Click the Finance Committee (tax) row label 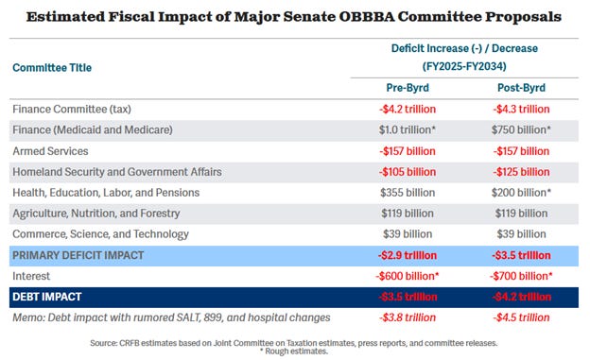[x=73, y=109]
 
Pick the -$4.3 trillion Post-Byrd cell [x=517, y=109]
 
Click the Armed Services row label [x=51, y=150]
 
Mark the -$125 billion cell [x=517, y=171]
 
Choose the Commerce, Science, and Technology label [x=100, y=233]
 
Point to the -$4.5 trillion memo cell [x=517, y=317]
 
